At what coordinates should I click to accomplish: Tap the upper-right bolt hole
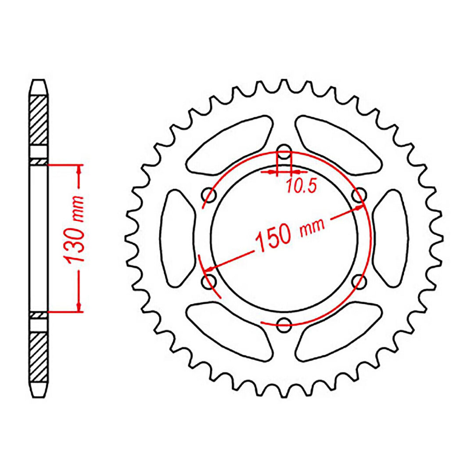360,194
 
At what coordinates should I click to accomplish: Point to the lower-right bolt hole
360,280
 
